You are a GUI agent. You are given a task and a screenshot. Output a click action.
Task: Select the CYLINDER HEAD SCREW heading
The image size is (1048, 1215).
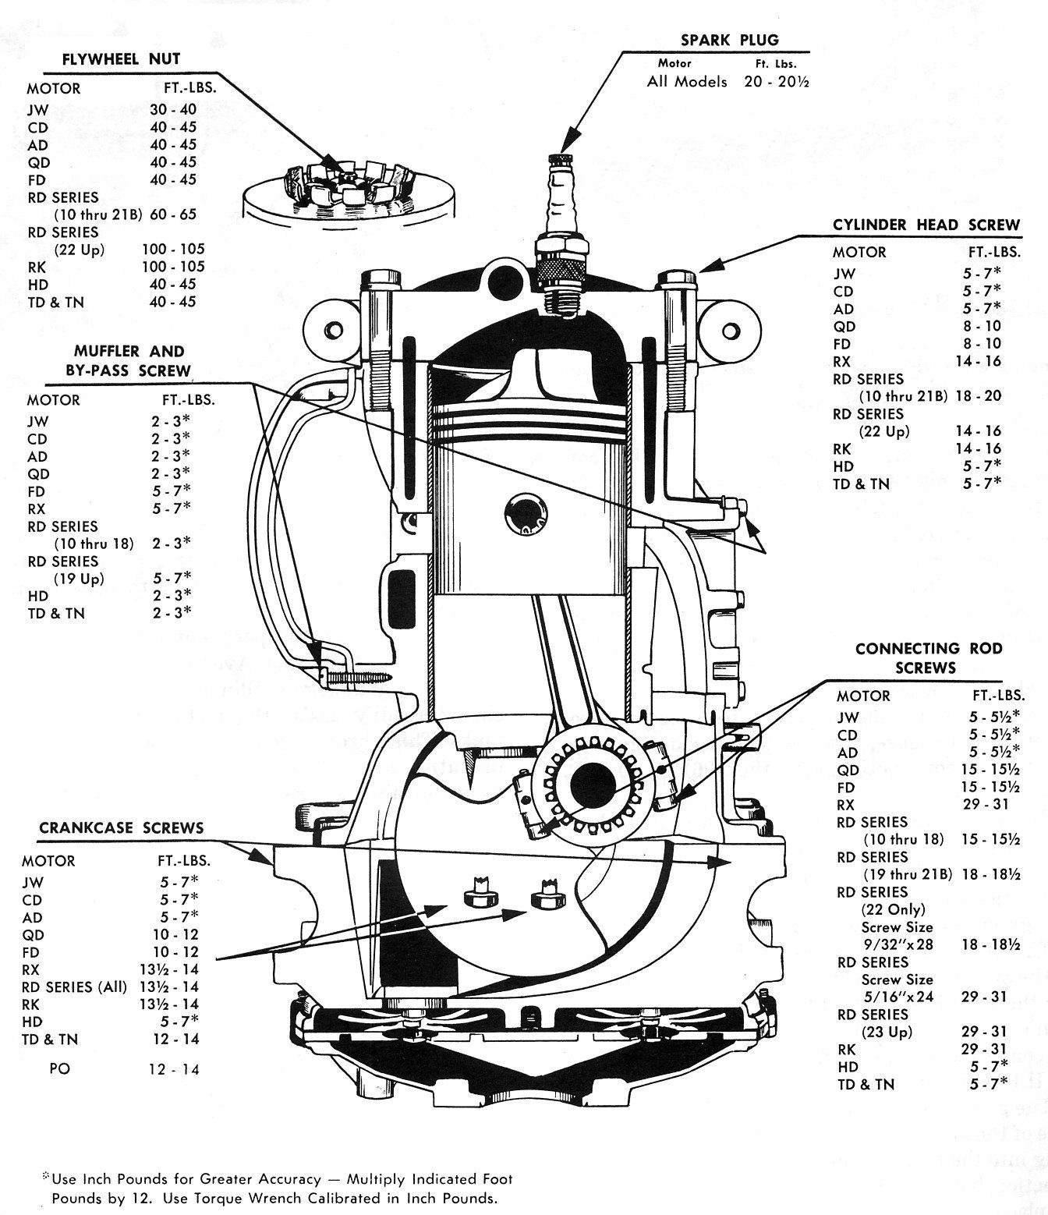click(926, 225)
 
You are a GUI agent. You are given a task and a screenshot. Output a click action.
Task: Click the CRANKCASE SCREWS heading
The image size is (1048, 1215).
click(120, 827)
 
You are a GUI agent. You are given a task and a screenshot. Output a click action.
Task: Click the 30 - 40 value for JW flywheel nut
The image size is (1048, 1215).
click(173, 110)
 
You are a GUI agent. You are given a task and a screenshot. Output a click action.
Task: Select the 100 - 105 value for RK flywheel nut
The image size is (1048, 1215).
click(173, 267)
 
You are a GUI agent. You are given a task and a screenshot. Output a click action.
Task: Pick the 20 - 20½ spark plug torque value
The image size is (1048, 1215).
click(776, 82)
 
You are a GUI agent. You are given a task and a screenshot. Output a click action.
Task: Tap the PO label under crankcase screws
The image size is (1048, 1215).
click(59, 1068)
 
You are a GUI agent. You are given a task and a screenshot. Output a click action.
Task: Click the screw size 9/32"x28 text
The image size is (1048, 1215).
click(898, 944)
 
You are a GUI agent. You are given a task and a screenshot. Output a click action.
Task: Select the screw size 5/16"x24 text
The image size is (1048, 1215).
click(898, 997)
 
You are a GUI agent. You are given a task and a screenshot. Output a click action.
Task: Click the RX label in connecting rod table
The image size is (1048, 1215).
click(847, 805)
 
